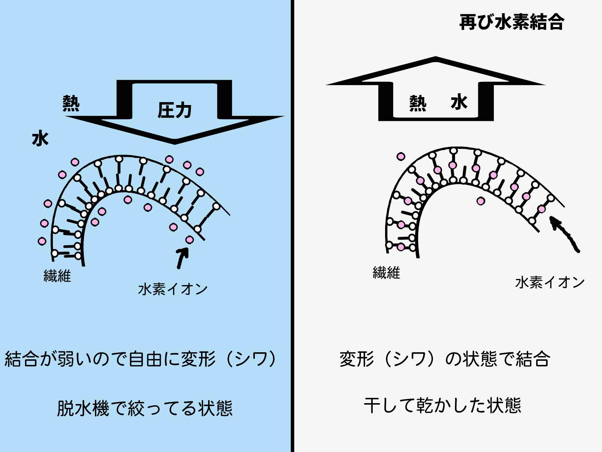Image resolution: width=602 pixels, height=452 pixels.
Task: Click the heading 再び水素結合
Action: pos(511,22)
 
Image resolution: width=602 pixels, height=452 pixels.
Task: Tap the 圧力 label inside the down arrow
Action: pos(175,110)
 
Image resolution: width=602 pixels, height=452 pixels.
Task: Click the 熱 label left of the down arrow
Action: pos(71,103)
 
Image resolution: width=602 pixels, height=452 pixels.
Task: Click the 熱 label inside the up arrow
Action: pos(418,103)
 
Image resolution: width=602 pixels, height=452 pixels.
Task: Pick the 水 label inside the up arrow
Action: pos(459,103)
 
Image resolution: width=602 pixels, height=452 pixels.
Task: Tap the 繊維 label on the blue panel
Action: pos(57,276)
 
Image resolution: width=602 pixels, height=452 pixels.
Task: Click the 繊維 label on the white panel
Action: pos(386,273)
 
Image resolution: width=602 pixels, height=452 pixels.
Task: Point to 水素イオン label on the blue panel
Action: pos(173,289)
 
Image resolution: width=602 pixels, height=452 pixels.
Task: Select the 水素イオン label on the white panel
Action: pos(550,282)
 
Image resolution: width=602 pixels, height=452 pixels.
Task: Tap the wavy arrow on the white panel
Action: pos(564,234)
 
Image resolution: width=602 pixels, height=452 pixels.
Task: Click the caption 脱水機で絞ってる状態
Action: pos(145,408)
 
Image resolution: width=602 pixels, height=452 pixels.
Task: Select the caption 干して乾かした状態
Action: pos(442,406)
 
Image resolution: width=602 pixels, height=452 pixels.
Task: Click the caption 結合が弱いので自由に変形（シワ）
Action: pos(141,359)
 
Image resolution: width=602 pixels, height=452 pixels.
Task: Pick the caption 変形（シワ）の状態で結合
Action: pos(444,359)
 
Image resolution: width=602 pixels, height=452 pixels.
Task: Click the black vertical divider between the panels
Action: pos(292,226)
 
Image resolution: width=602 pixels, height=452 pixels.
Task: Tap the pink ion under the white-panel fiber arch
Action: pos(481,201)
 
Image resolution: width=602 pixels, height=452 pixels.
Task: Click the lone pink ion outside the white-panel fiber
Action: pos(401,157)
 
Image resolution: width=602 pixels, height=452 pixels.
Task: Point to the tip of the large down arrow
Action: pos(175,143)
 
